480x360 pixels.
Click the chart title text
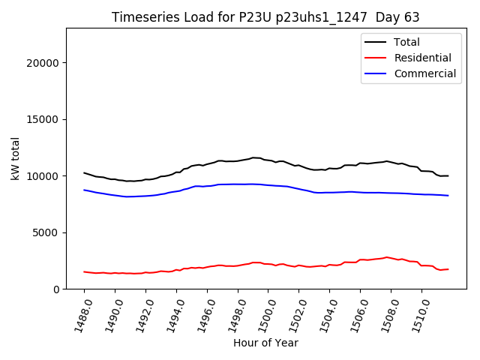[x=265, y=17]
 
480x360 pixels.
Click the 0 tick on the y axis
[x=57, y=289]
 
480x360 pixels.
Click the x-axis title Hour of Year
[x=265, y=343]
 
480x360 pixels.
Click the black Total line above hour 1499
[x=253, y=157]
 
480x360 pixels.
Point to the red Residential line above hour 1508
[x=391, y=257]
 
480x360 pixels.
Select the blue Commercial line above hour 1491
[x=130, y=196]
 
